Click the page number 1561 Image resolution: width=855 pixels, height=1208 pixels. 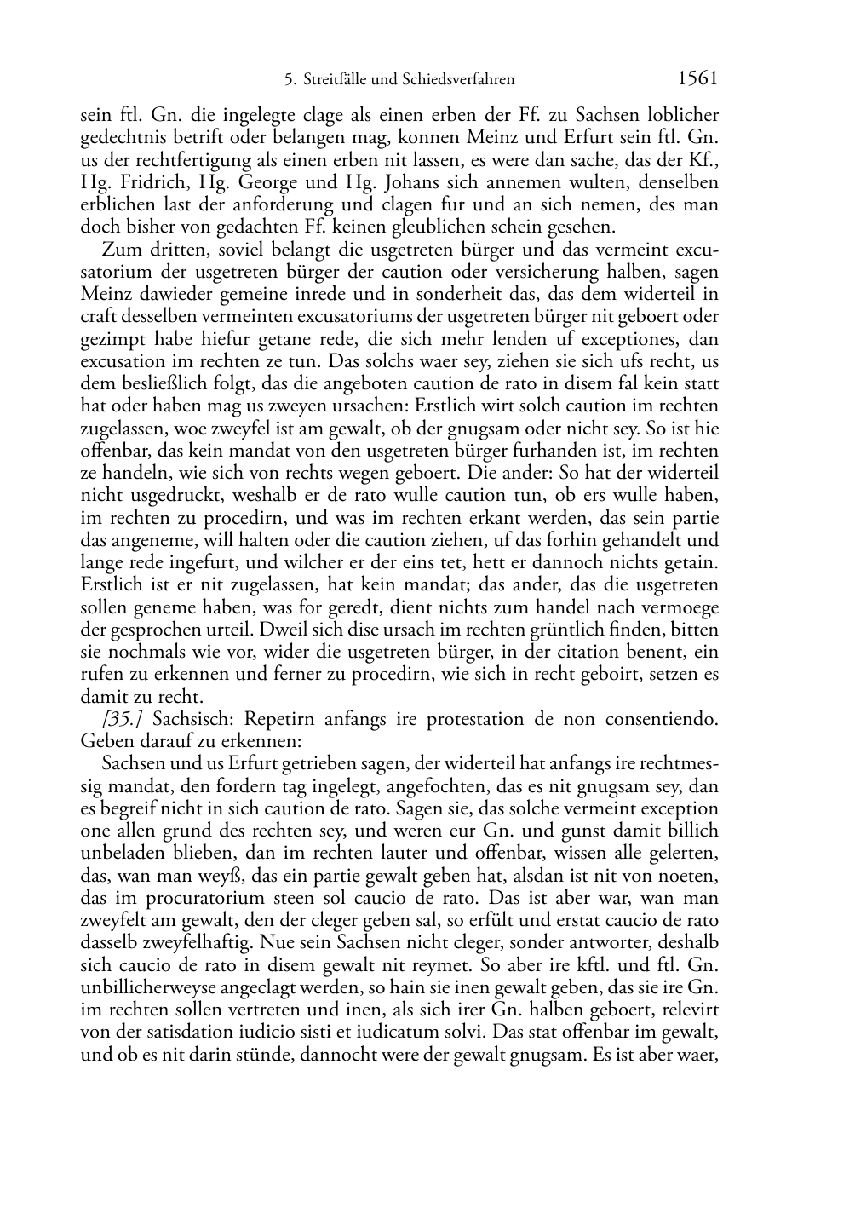(697, 79)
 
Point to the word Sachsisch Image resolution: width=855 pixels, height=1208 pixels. (184, 719)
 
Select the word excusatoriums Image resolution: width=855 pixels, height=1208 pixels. (333, 316)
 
